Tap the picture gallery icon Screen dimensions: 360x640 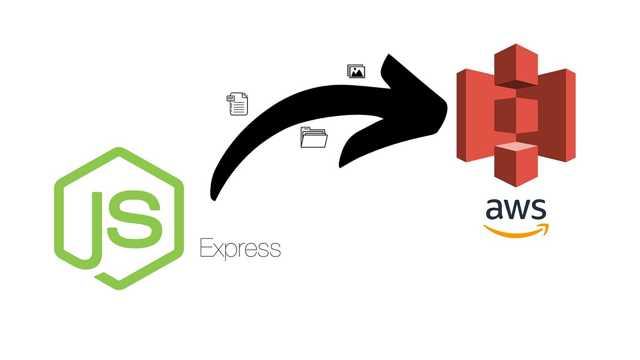[356, 71]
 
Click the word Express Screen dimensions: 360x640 [240, 248]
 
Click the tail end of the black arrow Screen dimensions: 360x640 [213, 196]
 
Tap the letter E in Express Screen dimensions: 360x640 [205, 248]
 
